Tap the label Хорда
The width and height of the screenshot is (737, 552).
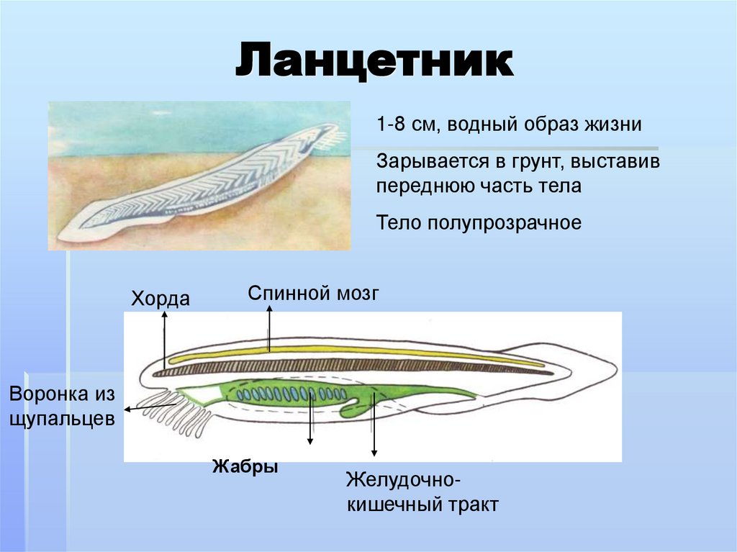pos(160,298)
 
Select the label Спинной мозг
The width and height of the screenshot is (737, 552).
pos(312,293)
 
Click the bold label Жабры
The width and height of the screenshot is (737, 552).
pos(245,466)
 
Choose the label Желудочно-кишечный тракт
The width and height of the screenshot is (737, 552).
pos(422,491)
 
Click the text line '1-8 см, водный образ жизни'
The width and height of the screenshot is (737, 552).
pos(508,124)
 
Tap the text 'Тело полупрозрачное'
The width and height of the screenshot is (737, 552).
pos(478,222)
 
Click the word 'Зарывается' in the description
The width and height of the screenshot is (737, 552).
pos(426,161)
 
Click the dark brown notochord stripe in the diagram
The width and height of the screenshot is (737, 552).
pos(360,366)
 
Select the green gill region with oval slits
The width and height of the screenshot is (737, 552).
pos(288,394)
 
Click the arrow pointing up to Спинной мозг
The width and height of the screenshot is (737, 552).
pos(270,327)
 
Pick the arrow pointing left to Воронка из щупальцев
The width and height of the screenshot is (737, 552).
pos(148,407)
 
